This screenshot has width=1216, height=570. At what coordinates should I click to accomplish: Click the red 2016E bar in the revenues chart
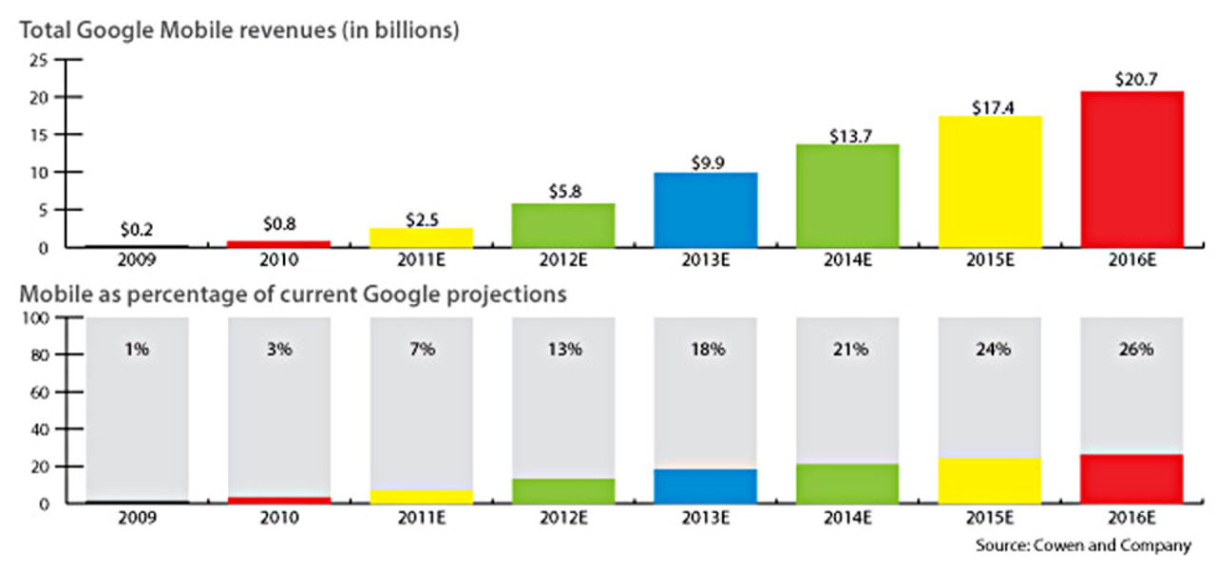(1131, 169)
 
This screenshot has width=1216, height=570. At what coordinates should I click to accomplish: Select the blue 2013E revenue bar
(705, 209)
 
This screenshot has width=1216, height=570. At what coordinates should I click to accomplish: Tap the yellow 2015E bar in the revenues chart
(989, 181)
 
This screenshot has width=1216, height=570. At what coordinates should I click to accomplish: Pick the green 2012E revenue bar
(563, 225)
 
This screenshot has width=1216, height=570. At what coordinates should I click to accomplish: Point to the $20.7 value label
(1131, 78)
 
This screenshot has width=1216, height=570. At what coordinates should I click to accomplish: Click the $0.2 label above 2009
(138, 229)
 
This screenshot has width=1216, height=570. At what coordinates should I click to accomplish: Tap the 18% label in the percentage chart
(705, 349)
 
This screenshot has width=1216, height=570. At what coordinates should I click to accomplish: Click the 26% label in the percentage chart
(1131, 349)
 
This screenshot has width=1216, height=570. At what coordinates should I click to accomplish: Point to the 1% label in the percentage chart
(138, 349)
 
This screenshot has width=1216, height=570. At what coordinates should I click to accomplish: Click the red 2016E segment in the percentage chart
(1131, 478)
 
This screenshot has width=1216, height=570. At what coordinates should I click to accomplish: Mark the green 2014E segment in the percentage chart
(847, 483)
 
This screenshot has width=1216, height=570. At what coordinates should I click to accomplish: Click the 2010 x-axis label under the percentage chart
(279, 518)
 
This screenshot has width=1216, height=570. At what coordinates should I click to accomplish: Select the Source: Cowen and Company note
(1082, 545)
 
